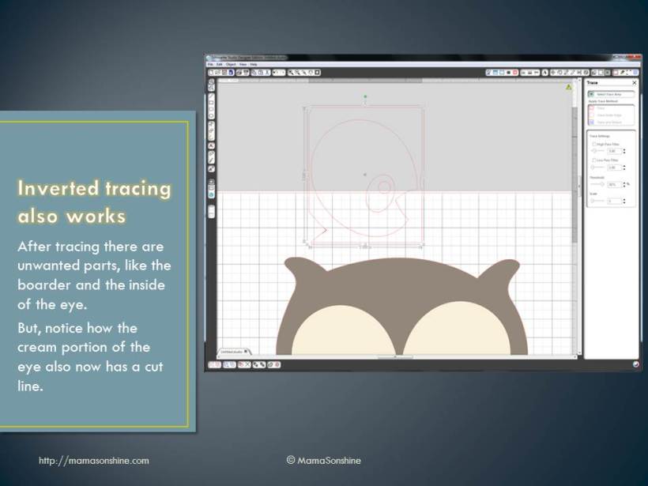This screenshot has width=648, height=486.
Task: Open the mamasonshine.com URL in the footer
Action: coord(93,460)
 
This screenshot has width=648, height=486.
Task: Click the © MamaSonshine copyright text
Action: coord(323,460)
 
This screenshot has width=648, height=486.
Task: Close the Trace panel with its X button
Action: coord(634,83)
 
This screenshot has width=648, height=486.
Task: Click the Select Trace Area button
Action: coord(612,94)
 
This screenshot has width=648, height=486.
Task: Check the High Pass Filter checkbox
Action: coord(593,144)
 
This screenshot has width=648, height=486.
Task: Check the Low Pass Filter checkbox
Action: coord(593,160)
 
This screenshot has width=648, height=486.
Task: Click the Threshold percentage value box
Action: coord(612,184)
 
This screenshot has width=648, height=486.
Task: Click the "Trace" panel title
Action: coord(593,83)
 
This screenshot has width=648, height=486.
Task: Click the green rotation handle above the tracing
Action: coord(365,96)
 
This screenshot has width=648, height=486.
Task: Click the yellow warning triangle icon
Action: coord(569,87)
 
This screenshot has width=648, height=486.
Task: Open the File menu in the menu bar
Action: coord(211,64)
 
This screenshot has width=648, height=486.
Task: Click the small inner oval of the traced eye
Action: coord(384,187)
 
